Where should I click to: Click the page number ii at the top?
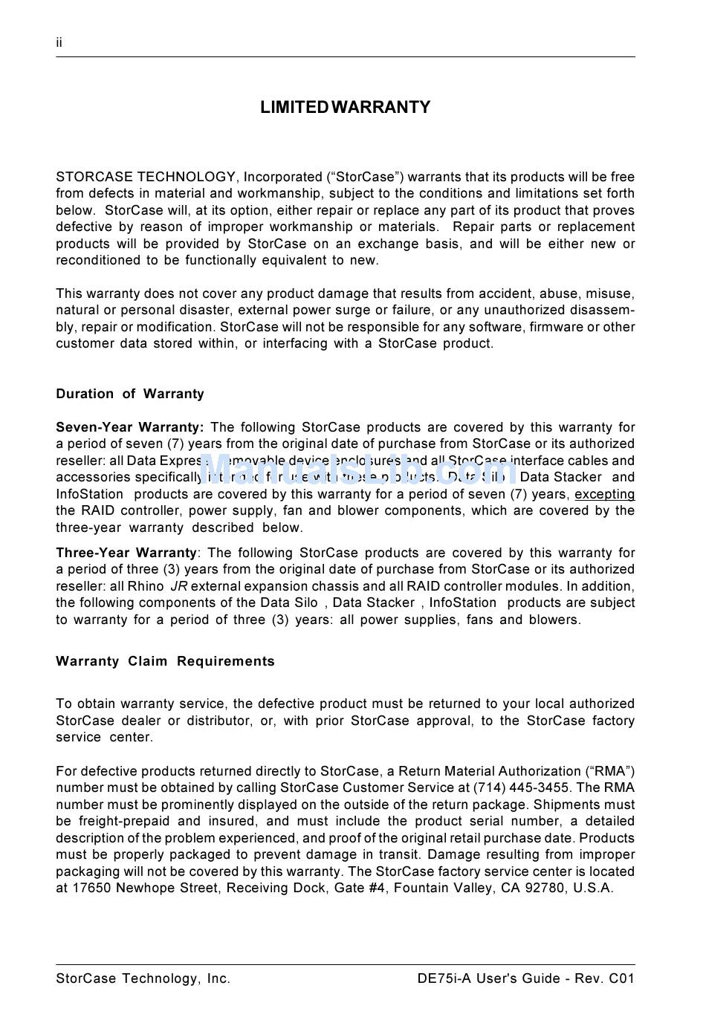click(59, 43)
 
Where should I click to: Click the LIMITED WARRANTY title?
click(345, 108)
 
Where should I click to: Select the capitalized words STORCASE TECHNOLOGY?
click(146, 177)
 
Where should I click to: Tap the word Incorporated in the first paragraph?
click(282, 177)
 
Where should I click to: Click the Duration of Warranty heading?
click(130, 394)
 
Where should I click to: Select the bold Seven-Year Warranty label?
click(129, 427)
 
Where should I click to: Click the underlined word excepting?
click(604, 495)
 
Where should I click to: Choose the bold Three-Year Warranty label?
click(126, 553)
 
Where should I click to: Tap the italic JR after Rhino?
click(179, 586)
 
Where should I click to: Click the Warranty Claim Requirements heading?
click(165, 661)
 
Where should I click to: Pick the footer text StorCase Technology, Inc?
click(143, 978)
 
